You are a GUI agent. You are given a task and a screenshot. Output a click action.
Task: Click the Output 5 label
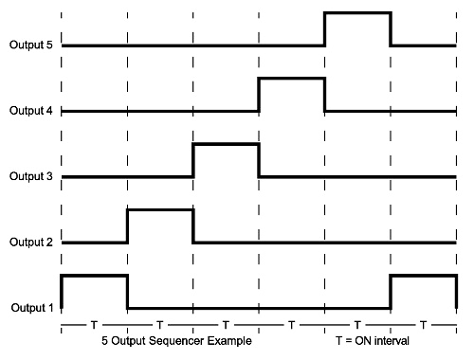[29, 45]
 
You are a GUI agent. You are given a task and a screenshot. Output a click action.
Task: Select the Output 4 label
[29, 111]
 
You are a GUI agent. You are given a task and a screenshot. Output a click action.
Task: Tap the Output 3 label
[29, 176]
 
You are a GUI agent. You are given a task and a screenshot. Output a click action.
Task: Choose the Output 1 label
[29, 307]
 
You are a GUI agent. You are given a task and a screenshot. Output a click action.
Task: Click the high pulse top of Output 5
[356, 12]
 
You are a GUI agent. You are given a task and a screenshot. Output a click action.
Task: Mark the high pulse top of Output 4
[291, 79]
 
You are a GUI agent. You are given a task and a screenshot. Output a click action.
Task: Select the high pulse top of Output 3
[226, 144]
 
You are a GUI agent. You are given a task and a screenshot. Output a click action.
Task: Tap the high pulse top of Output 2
[159, 209]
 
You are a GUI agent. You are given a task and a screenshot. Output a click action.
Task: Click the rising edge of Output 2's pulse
[127, 225]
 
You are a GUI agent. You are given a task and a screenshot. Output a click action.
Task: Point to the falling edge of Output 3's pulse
[259, 160]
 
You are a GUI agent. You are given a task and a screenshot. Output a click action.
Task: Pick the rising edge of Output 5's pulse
[324, 28]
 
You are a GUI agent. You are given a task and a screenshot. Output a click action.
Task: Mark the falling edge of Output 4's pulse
[324, 95]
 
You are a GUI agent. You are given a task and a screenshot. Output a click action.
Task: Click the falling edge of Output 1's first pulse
[127, 291]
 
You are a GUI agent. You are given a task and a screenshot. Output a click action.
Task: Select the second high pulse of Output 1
[422, 275]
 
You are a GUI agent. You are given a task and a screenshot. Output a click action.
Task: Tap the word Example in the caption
[231, 340]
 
